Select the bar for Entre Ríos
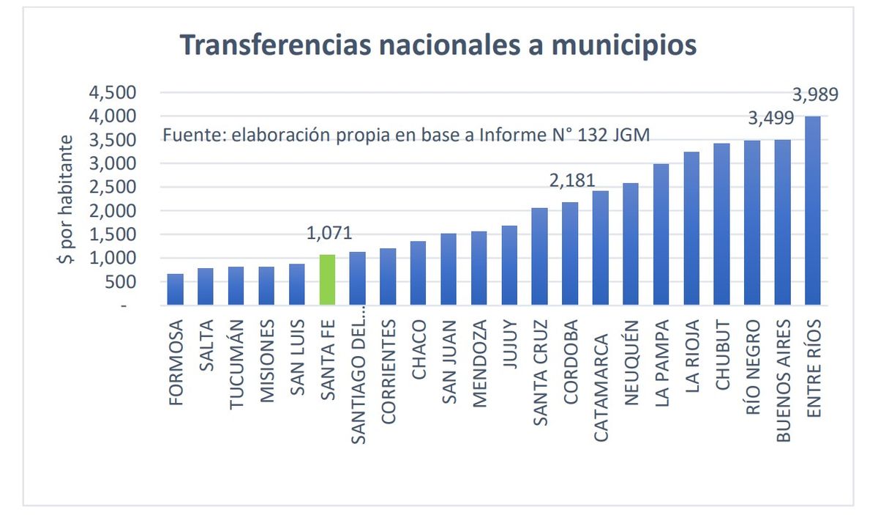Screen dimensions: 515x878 812,211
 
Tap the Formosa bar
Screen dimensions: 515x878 175,289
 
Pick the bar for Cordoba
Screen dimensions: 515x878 569,253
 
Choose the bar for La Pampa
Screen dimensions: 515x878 661,234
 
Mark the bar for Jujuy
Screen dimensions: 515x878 509,265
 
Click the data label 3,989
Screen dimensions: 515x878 815,95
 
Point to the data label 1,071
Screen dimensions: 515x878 329,234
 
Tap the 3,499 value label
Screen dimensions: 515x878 770,119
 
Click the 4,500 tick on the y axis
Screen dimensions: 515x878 112,92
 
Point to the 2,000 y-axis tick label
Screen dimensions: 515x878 112,211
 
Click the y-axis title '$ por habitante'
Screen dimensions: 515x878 67,201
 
